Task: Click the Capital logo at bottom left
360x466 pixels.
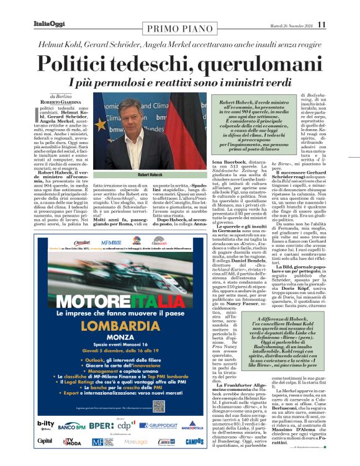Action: [45, 441]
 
